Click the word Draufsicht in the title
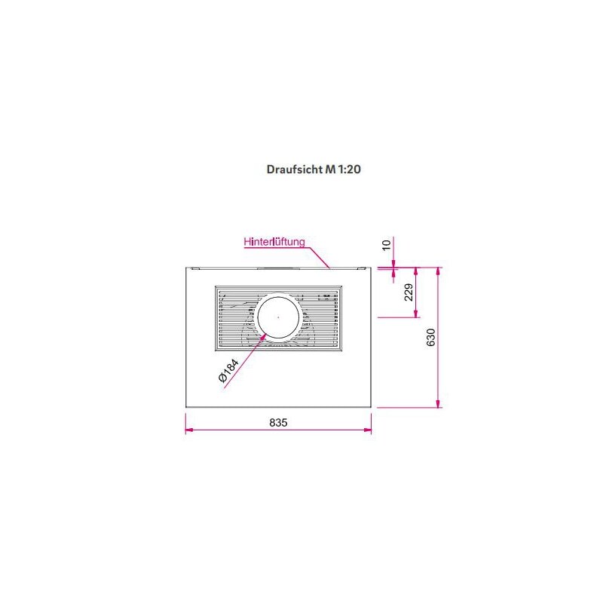click(294, 170)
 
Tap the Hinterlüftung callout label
click(274, 242)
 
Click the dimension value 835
click(278, 422)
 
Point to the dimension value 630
click(431, 337)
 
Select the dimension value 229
click(409, 292)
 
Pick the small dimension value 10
click(387, 244)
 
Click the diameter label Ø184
click(229, 372)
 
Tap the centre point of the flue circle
click(278, 317)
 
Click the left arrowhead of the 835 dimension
click(189, 430)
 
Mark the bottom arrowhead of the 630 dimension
click(439, 403)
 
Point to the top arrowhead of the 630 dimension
click(439, 271)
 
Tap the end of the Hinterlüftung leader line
click(329, 266)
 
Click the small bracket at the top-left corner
click(194, 266)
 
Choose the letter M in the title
click(329, 170)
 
